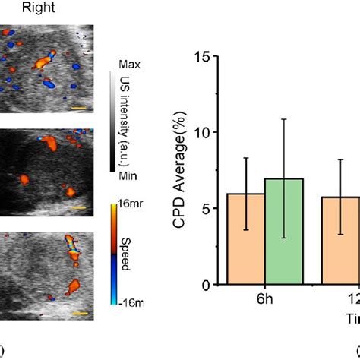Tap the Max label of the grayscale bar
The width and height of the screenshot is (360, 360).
[x=128, y=66]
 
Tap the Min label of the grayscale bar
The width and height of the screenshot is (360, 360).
[x=128, y=175]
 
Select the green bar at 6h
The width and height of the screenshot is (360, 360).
[x=283, y=232]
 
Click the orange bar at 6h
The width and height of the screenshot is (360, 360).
[x=245, y=239]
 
